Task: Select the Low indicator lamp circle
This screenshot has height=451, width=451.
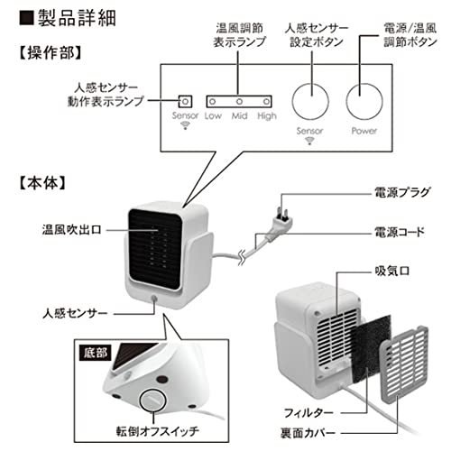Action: [213, 102]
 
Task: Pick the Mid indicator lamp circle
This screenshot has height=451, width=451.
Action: [239, 102]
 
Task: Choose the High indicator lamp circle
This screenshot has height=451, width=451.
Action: [266, 102]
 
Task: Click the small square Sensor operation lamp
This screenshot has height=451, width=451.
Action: [185, 102]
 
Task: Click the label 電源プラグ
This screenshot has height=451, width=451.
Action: [402, 192]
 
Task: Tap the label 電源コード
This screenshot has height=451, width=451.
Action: [400, 232]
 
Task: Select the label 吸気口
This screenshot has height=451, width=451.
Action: [392, 272]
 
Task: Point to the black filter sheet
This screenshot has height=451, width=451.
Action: [372, 349]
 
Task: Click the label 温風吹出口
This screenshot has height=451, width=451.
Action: [72, 230]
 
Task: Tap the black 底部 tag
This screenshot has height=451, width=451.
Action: [96, 353]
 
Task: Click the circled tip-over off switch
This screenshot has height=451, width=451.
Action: [153, 400]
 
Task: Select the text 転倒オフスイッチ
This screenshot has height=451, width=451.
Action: [158, 431]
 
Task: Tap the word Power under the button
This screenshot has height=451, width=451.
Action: [364, 131]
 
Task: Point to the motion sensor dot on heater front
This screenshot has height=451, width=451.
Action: [154, 299]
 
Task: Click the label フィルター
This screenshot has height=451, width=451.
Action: [308, 412]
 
